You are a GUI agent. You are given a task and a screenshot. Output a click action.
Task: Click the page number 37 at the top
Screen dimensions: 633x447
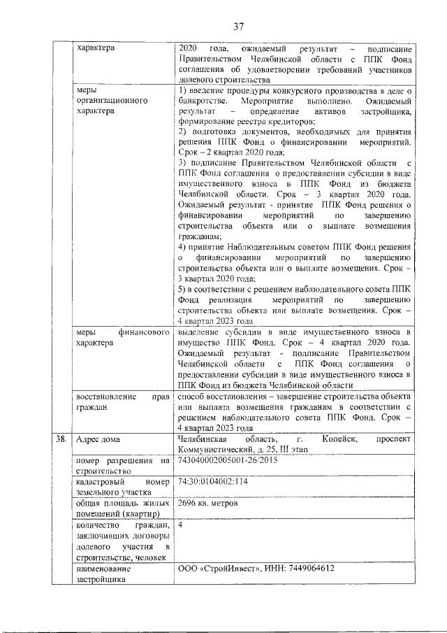pos(238,27)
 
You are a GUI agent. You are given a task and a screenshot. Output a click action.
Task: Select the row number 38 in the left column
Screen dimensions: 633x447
pos(61,439)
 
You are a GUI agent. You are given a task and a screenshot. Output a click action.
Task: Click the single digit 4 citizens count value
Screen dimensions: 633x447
pos(181,524)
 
